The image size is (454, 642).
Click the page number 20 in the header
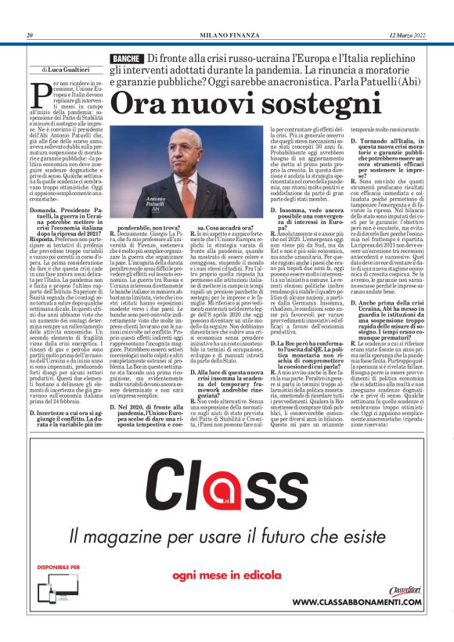point(30,35)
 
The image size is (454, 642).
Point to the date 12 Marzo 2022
point(405,35)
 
